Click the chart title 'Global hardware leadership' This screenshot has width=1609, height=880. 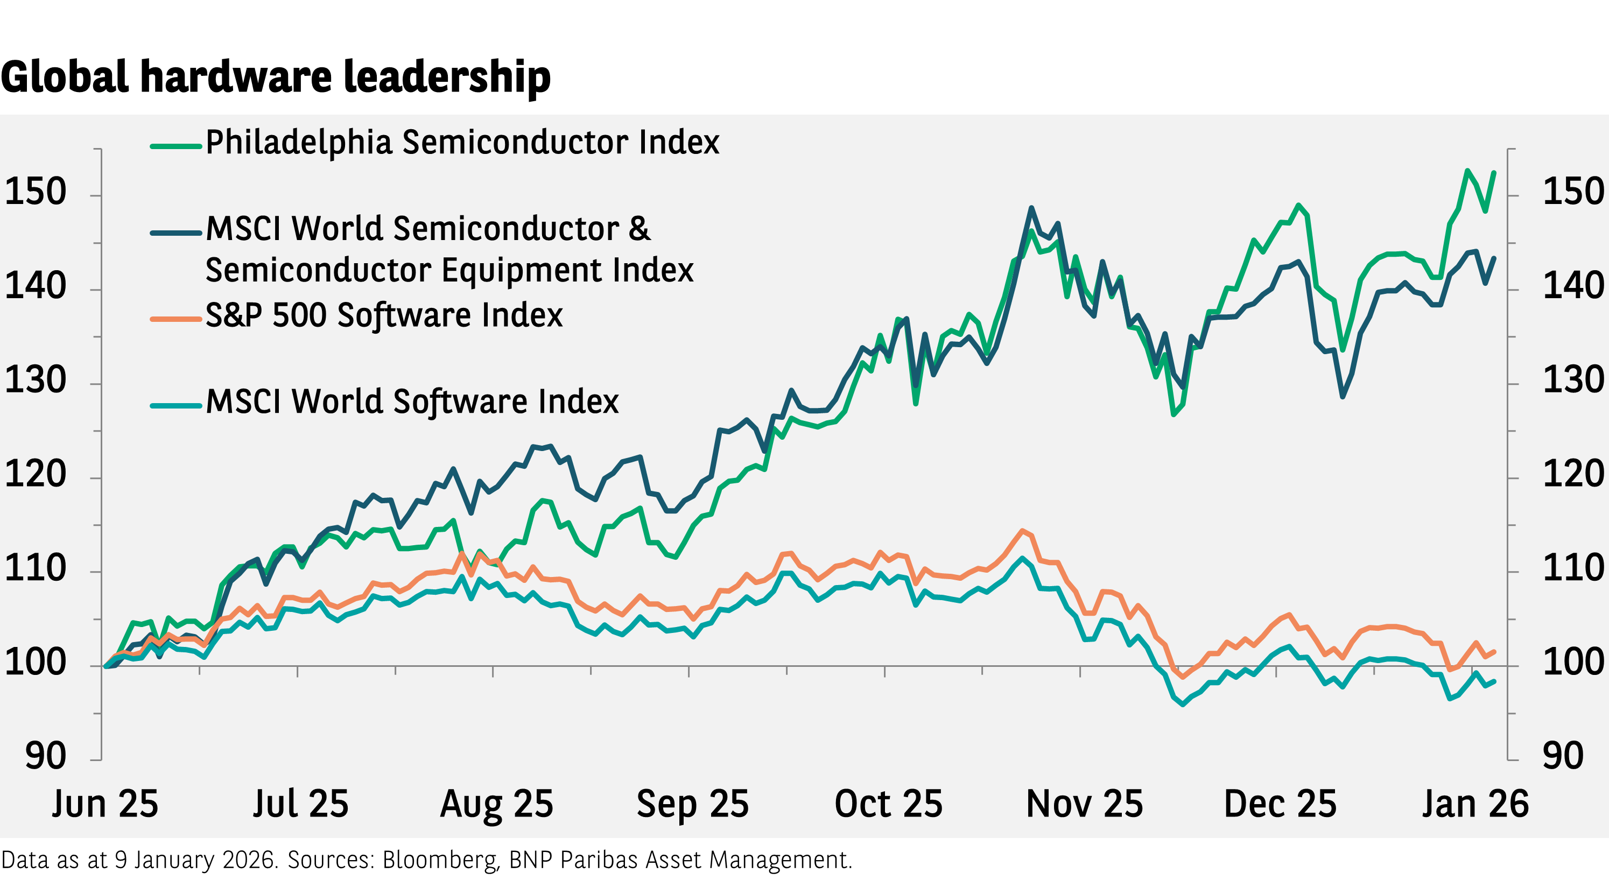click(276, 78)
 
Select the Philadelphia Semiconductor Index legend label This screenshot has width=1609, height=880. click(462, 143)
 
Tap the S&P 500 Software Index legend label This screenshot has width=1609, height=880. click(383, 315)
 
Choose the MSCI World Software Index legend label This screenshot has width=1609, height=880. click(412, 402)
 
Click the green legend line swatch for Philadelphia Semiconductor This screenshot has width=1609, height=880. click(175, 147)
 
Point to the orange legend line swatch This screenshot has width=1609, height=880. click(175, 319)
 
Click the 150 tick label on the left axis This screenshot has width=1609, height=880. click(35, 192)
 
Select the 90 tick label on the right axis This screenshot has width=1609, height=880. click(1563, 756)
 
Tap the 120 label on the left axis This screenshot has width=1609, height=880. click(35, 474)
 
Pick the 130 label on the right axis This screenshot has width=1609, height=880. click(1573, 380)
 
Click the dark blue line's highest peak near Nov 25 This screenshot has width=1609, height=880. click(1031, 208)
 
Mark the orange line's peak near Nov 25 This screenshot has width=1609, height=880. click(1022, 531)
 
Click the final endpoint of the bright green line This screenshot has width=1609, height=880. click(1494, 173)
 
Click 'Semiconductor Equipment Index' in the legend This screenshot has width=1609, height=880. click(449, 270)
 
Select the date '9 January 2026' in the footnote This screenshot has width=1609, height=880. click(195, 860)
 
